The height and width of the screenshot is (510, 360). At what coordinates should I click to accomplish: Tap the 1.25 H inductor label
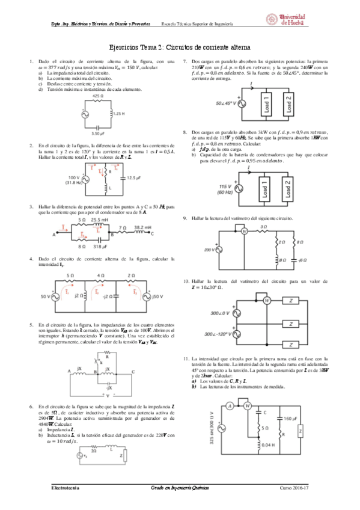(119, 113)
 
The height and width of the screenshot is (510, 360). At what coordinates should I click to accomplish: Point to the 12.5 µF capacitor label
(136, 177)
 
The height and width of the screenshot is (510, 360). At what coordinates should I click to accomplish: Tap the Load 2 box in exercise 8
(288, 187)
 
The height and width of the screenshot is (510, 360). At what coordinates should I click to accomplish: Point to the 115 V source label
(225, 187)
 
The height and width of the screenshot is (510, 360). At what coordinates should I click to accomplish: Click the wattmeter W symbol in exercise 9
(245, 231)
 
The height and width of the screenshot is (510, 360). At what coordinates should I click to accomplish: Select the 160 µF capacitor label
(290, 417)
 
